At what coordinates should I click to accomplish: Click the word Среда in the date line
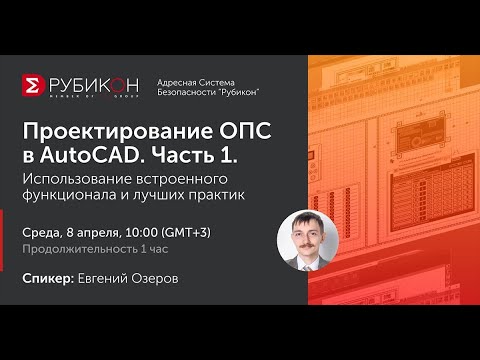tap(42, 233)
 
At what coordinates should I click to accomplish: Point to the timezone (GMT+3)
tap(211, 233)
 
